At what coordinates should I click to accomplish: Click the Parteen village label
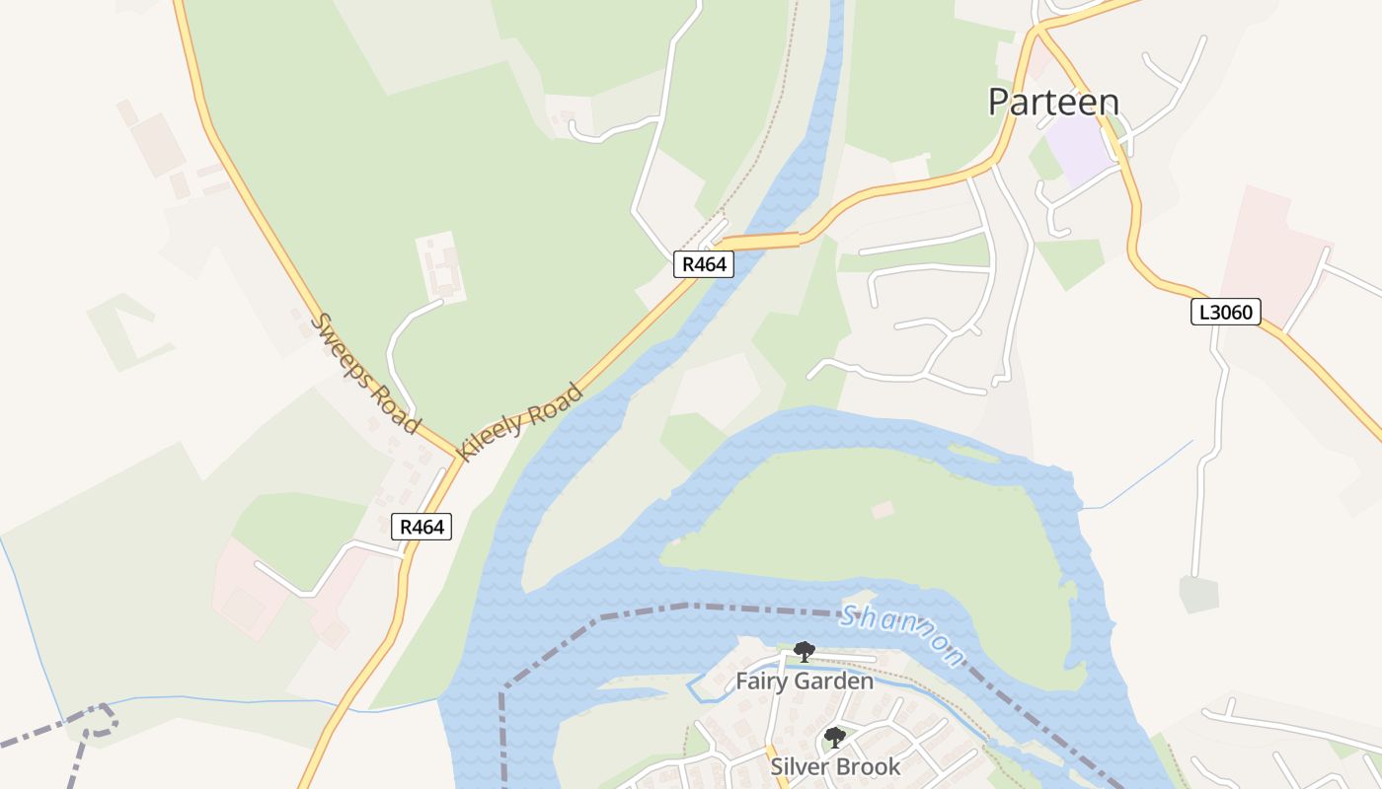click(x=1054, y=103)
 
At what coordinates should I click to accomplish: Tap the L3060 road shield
click(x=1225, y=313)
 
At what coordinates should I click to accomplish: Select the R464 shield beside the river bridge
click(x=704, y=264)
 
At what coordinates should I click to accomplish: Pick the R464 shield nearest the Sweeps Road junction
click(x=422, y=527)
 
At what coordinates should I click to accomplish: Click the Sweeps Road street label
click(x=364, y=372)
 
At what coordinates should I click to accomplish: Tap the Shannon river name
click(x=901, y=634)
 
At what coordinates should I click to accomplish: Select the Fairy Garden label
click(x=805, y=681)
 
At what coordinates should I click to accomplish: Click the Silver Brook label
click(x=835, y=766)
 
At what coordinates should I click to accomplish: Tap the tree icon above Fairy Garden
click(x=805, y=651)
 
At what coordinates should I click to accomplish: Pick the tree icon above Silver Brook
click(x=835, y=737)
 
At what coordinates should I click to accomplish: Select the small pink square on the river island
click(x=883, y=510)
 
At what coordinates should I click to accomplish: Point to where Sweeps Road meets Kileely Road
click(x=457, y=457)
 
